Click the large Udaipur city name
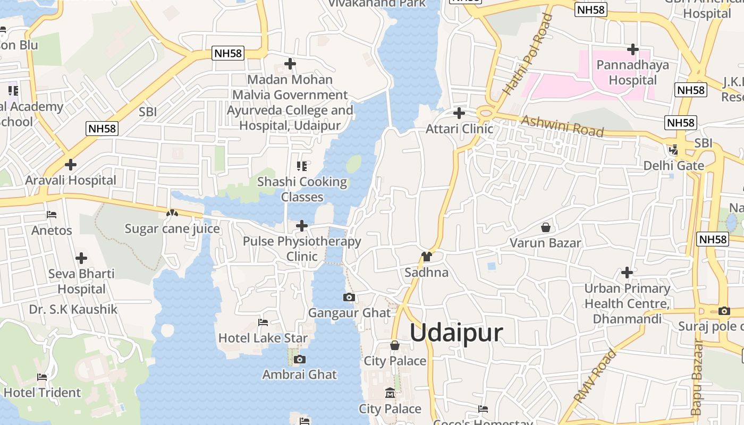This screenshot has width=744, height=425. pyautogui.click(x=456, y=333)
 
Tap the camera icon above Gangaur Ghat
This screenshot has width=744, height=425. pyautogui.click(x=349, y=297)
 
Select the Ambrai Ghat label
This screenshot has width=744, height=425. pyautogui.click(x=299, y=375)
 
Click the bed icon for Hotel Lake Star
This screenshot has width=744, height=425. pyautogui.click(x=263, y=322)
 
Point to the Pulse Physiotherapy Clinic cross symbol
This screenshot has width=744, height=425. pyautogui.click(x=302, y=226)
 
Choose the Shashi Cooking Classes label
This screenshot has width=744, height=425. pyautogui.click(x=302, y=189)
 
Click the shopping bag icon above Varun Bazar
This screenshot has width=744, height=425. pyautogui.click(x=545, y=228)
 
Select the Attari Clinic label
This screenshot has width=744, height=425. pyautogui.click(x=460, y=129)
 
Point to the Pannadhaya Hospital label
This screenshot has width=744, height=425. pyautogui.click(x=632, y=72)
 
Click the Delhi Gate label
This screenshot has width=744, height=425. pyautogui.click(x=673, y=165)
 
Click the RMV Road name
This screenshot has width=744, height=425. pyautogui.click(x=595, y=375)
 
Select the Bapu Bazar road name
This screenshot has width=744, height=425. pyautogui.click(x=697, y=377)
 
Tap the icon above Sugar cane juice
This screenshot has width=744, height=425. pyautogui.click(x=172, y=214)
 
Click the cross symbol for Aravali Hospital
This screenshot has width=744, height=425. pyautogui.click(x=70, y=165)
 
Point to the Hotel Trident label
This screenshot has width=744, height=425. pyautogui.click(x=43, y=393)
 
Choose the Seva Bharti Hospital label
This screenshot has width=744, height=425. pyautogui.click(x=81, y=282)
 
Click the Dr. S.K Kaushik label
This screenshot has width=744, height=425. pyautogui.click(x=73, y=309)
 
